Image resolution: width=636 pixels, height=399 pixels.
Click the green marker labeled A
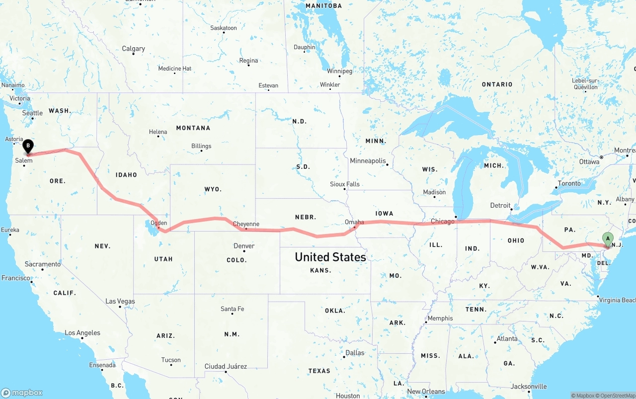pos(607,239)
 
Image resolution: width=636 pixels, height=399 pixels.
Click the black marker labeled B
pos(28,147)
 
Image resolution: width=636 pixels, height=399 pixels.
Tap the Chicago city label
pos(442,221)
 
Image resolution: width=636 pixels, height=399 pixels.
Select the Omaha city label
pos(354,222)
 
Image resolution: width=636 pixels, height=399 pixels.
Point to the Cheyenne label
pos(246,224)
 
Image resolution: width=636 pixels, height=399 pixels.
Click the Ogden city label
pos(159,223)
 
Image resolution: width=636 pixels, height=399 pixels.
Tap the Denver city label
pos(243,246)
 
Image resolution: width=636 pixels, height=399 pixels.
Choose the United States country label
pos(330,257)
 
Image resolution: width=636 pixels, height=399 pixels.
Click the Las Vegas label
pos(120,301)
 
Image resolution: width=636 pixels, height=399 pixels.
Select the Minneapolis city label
pos(368,161)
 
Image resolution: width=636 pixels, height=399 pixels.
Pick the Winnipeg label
pos(339,71)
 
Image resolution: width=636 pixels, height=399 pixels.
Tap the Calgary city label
pos(133,49)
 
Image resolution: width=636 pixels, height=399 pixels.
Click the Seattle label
pos(32,113)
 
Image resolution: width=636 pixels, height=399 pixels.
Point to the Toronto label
pos(569,183)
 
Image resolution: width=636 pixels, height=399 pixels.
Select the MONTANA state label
pos(193,128)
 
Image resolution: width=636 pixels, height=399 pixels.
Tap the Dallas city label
pos(355,353)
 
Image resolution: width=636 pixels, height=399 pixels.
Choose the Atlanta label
pos(507,338)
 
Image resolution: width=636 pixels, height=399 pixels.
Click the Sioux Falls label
pos(344,184)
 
